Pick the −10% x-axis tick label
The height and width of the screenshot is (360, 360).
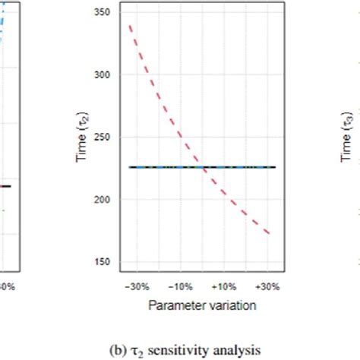point(179,287)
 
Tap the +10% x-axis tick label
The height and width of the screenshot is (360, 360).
point(224,287)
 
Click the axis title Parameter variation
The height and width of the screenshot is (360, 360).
point(201,305)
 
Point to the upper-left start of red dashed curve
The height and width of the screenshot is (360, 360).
point(130,27)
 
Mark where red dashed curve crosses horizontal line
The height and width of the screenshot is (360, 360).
point(203,167)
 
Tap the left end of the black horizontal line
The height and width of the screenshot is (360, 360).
point(130,167)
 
